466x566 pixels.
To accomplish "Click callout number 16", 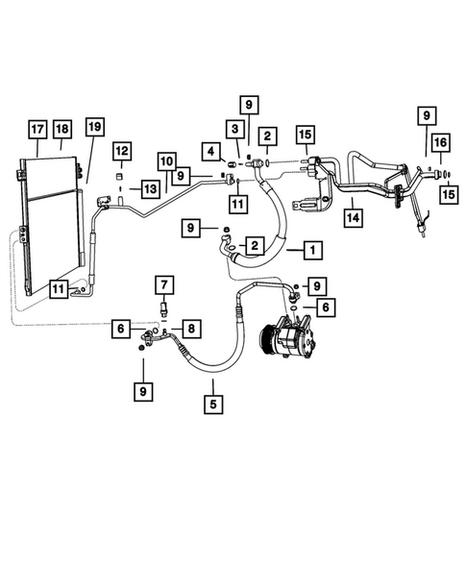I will click(x=439, y=142).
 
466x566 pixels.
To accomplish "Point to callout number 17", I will click(x=37, y=130).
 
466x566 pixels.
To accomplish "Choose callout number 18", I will click(x=62, y=130).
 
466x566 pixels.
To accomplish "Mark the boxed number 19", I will click(x=94, y=129).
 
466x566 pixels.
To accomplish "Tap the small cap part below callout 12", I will click(x=122, y=175).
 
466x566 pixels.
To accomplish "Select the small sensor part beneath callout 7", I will click(x=164, y=308).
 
